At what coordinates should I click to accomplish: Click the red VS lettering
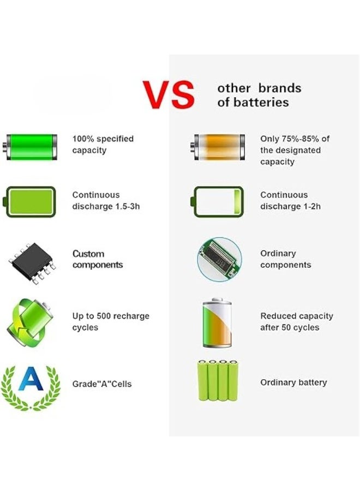[169, 95]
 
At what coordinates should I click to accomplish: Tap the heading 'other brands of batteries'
[259, 95]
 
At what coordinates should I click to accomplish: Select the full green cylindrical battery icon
[31, 147]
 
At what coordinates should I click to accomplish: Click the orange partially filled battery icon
[218, 147]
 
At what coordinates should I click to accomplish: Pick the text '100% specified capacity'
[103, 145]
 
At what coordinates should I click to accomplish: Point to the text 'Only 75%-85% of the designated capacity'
[295, 150]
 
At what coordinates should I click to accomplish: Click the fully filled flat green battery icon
[31, 201]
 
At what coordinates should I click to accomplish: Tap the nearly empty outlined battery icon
[218, 201]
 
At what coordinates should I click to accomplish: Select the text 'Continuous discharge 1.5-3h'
[106, 201]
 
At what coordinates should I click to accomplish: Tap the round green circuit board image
[219, 259]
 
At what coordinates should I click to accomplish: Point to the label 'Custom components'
[98, 260]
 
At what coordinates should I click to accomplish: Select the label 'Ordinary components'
[285, 259]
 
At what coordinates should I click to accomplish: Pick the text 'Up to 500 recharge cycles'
[111, 322]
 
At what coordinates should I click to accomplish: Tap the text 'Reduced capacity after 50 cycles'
[296, 322]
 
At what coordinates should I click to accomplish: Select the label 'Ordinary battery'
[293, 382]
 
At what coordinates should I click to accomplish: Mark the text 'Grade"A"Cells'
[102, 384]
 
